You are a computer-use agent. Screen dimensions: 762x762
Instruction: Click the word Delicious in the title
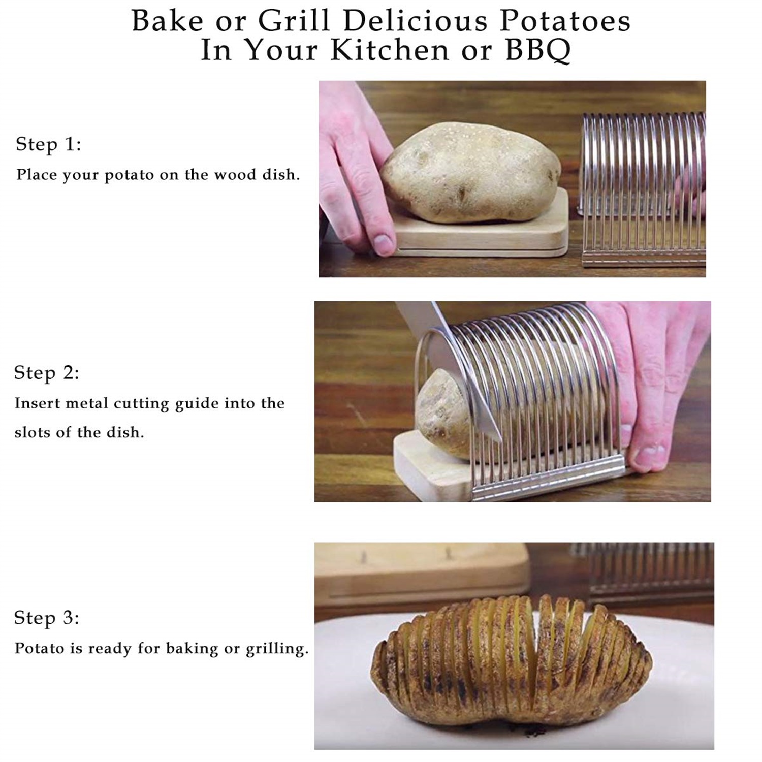(416, 21)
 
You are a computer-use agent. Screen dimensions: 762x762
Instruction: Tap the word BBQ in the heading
(537, 51)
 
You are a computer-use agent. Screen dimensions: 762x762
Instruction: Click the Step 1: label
(48, 144)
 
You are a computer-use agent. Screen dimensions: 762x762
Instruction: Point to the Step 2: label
(47, 373)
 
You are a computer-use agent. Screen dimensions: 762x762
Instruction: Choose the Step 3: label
(47, 618)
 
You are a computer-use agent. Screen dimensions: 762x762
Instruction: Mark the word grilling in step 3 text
(277, 649)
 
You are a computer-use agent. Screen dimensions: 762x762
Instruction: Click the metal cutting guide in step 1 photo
(643, 188)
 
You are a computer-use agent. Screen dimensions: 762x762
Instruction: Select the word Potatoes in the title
(565, 21)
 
